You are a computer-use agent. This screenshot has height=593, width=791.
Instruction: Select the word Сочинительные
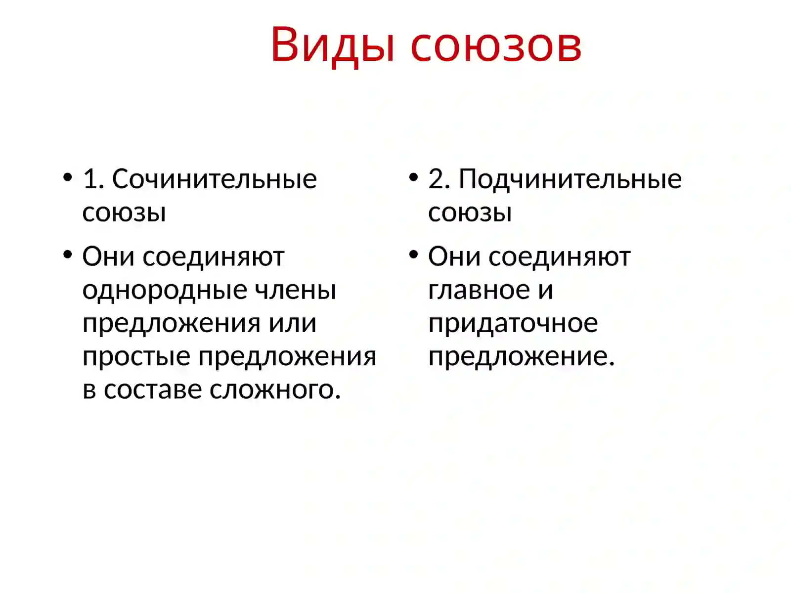pos(214,179)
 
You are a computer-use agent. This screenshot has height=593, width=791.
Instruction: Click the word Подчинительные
pos(570,179)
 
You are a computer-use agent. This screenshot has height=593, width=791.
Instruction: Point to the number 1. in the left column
pos(93,179)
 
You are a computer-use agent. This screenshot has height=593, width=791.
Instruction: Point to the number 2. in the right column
pos(439,179)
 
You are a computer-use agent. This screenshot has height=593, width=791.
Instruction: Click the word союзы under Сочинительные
pos(124,212)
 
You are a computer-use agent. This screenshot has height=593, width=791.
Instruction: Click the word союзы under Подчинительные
pos(470,212)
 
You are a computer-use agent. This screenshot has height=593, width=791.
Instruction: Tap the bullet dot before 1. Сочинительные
pos(68,177)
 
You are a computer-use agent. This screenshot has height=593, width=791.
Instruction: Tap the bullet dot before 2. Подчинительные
pos(414,177)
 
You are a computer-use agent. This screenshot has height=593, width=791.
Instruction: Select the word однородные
pos(164,290)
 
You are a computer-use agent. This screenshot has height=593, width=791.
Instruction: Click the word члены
pos(295,290)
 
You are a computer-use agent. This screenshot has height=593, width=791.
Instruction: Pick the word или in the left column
pos(292,323)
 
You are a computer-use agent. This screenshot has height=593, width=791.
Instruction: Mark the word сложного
pos(275,390)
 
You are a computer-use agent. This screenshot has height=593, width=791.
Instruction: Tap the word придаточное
pos(513,324)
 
